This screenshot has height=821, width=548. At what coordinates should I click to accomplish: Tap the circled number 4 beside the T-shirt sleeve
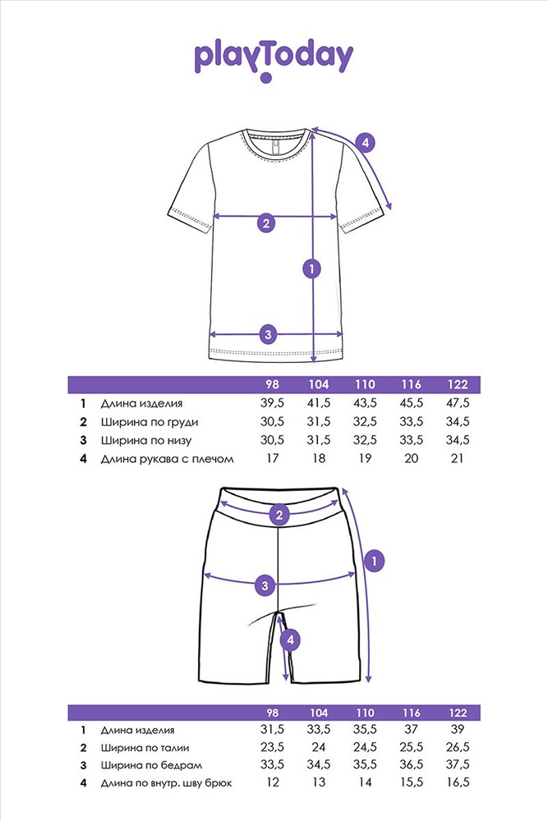365,142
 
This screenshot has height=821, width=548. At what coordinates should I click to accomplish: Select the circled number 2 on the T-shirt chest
266,223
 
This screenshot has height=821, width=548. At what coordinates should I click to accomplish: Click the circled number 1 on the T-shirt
311,269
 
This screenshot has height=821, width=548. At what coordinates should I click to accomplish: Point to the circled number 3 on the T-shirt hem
268,334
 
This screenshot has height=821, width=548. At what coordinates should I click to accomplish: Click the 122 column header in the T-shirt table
458,385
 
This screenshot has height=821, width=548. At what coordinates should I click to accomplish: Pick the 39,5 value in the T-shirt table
273,403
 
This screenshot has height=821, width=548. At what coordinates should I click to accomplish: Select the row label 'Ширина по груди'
150,422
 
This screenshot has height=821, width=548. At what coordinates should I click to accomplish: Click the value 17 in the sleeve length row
273,458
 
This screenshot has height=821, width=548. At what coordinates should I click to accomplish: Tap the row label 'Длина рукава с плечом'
167,459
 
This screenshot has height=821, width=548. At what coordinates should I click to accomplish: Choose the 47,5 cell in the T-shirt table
458,403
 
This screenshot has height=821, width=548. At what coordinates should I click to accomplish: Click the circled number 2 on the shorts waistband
279,515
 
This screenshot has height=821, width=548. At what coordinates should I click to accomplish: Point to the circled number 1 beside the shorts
374,562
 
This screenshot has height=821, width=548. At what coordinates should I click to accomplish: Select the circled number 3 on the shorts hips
265,585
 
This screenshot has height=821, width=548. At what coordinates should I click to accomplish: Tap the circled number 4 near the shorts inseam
290,640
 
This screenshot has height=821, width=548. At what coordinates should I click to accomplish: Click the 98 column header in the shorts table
273,713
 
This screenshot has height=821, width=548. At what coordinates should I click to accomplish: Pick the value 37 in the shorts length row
412,729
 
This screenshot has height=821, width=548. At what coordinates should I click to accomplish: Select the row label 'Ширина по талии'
145,748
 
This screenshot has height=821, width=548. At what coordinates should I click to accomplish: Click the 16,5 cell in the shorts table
458,782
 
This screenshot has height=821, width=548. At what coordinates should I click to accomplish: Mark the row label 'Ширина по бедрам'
151,765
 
